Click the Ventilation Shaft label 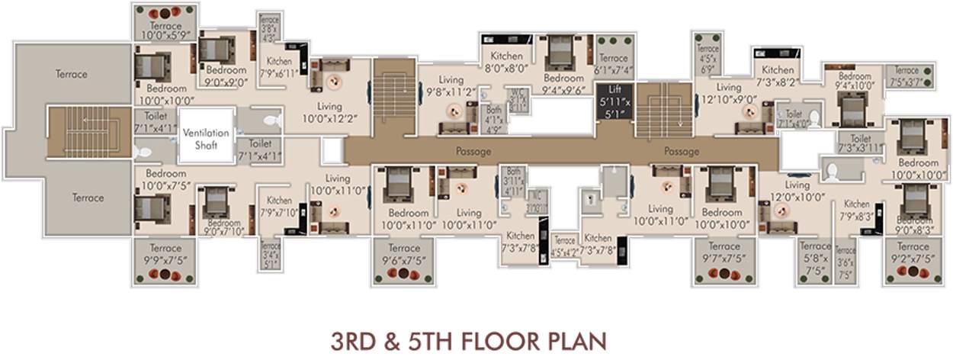tap(205, 138)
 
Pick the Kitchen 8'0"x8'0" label tap(506, 61)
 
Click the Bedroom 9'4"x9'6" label tap(563, 83)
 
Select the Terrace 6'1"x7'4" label tap(613, 63)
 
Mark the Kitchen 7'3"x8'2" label tap(778, 76)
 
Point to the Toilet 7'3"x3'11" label tap(860, 143)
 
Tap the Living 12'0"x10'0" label tap(797, 191)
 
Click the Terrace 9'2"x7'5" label tap(913, 252)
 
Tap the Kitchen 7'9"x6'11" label tap(278, 66)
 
